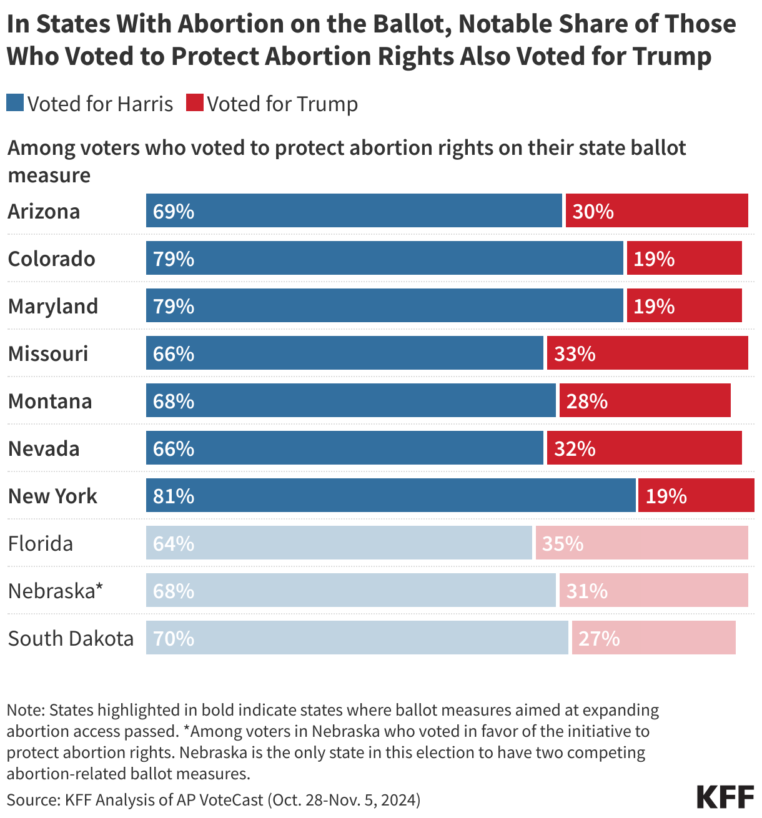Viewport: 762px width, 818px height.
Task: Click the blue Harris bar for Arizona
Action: [x=354, y=210]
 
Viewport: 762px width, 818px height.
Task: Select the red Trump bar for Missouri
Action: [x=647, y=353]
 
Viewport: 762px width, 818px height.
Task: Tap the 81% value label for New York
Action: [x=174, y=496]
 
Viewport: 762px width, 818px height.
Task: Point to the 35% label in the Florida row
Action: [x=562, y=543]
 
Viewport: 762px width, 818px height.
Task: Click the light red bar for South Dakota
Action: [x=653, y=638]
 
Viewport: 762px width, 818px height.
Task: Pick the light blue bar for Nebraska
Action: [x=350, y=590]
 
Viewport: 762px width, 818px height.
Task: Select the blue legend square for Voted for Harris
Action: [x=15, y=103]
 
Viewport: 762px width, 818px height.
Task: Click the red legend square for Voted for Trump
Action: [x=195, y=103]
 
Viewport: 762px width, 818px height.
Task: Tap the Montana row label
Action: [x=50, y=401]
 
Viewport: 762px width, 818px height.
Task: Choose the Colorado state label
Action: [x=51, y=259]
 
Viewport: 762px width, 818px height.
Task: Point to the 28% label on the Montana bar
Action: [x=586, y=401]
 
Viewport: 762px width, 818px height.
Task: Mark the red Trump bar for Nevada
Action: [x=644, y=448]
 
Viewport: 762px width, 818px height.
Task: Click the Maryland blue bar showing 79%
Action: [x=384, y=305]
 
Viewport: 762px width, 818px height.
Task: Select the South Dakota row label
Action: [x=71, y=638]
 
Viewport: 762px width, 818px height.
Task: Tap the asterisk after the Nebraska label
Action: [x=99, y=587]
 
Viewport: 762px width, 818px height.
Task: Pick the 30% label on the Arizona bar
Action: [x=593, y=211]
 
